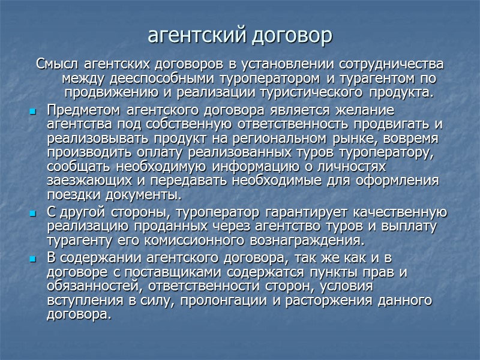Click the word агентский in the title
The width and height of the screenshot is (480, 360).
[191, 35]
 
